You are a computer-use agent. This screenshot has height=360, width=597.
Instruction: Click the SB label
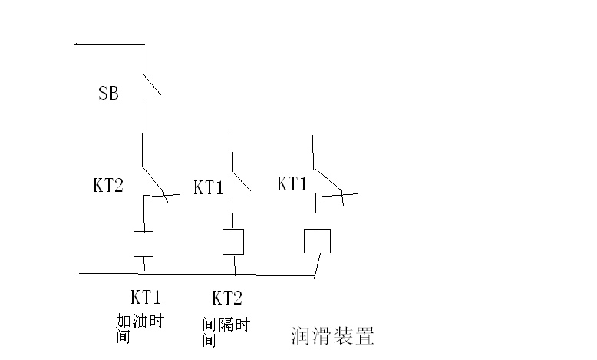(108, 94)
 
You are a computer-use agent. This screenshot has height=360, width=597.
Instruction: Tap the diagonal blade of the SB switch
(151, 84)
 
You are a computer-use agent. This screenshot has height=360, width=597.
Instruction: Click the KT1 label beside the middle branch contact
(208, 187)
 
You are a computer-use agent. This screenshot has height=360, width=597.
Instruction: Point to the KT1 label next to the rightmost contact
(292, 183)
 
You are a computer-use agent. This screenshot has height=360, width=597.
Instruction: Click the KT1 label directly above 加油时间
(145, 297)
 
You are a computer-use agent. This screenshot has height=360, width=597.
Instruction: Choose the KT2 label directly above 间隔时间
(227, 297)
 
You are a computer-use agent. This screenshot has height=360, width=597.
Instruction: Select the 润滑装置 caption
(332, 336)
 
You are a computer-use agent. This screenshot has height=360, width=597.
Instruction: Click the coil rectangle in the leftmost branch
(143, 243)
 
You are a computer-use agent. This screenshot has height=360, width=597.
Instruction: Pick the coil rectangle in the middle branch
(233, 241)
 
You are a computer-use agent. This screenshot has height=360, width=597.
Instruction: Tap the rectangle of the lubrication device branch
(317, 241)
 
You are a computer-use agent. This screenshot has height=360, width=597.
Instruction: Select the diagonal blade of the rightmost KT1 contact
(328, 178)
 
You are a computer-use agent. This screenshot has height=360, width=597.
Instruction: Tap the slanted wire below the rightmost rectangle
(316, 264)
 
